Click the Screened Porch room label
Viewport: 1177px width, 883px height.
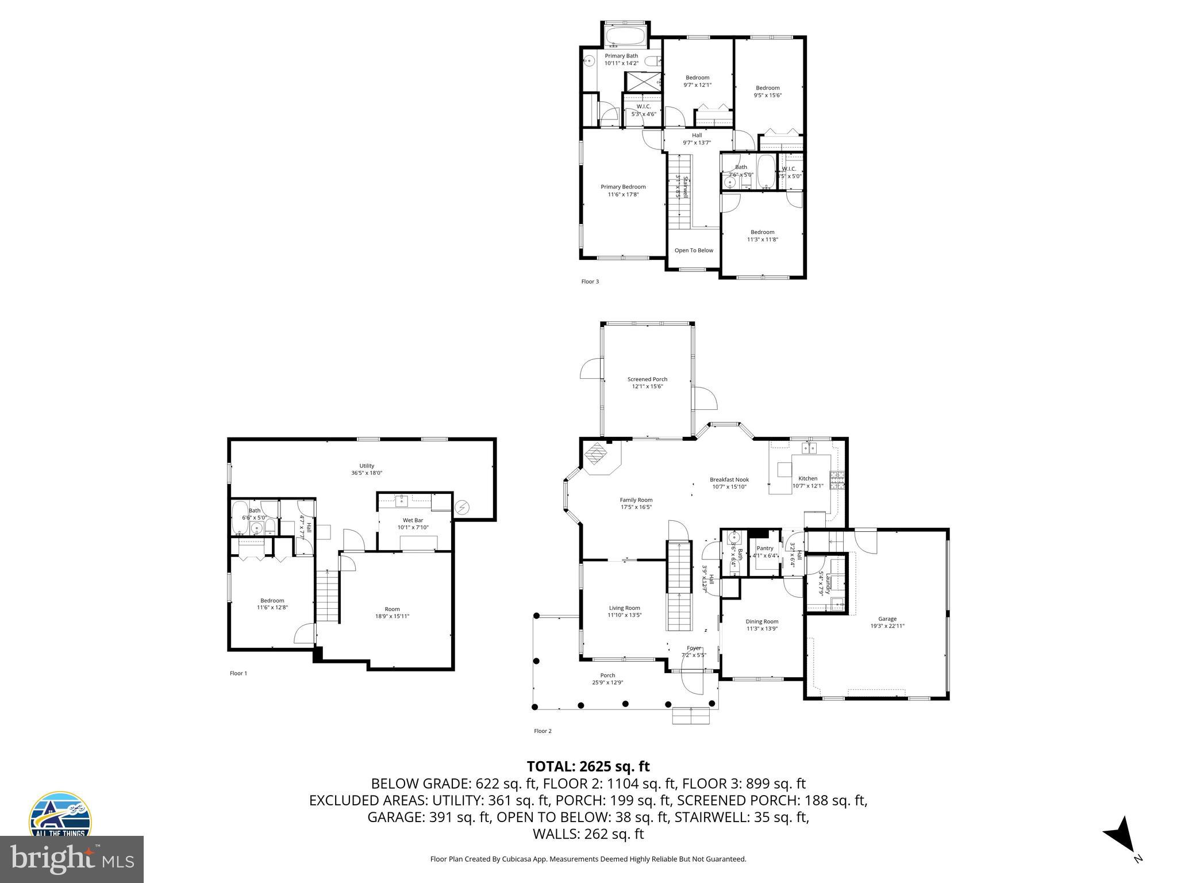point(647,379)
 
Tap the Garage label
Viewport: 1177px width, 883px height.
point(887,619)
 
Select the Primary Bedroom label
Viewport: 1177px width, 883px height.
point(623,187)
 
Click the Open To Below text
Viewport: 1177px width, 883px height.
point(694,251)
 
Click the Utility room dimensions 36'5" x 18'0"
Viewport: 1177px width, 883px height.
point(367,473)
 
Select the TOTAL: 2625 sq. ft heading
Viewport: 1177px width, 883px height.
point(588,766)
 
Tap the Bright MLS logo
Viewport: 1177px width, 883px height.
point(72,859)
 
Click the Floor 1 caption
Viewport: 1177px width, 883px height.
point(239,673)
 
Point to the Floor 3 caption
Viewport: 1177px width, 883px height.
point(590,282)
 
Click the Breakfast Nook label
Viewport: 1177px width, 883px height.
point(729,479)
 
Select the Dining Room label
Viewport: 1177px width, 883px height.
point(762,621)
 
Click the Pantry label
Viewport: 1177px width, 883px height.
point(765,548)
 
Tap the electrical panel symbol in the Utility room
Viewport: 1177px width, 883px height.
point(462,507)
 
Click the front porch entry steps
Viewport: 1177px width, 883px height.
point(691,716)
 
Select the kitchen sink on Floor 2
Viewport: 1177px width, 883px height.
point(810,448)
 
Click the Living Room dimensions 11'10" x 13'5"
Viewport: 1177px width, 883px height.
point(624,615)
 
